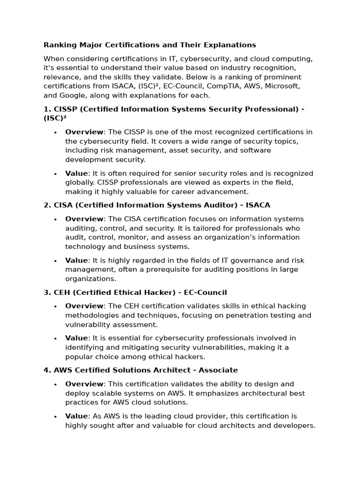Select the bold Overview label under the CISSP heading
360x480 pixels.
[x=84, y=132]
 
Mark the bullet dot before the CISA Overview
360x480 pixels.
[x=55, y=219]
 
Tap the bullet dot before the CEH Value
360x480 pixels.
[x=55, y=338]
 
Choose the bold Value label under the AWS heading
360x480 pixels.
[x=76, y=416]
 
